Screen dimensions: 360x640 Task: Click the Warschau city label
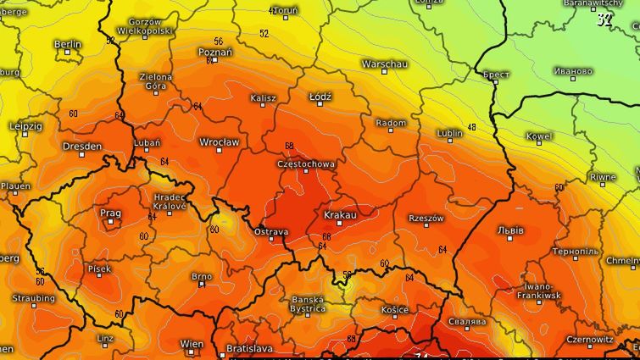(x=384, y=64)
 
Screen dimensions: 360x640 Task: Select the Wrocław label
(x=219, y=141)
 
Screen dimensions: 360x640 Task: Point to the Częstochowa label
(x=306, y=163)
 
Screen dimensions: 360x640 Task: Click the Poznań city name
(x=214, y=53)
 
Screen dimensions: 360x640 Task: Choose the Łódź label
(x=320, y=97)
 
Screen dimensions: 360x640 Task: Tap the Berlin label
(x=68, y=44)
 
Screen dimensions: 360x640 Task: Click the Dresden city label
(x=82, y=147)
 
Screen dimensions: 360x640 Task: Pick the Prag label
(x=110, y=213)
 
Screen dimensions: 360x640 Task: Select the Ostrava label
(x=271, y=231)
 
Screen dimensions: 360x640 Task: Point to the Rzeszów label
(x=426, y=219)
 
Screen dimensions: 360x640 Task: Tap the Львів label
(x=510, y=230)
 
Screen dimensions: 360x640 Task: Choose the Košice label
(x=395, y=310)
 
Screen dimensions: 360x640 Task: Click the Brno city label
(x=202, y=276)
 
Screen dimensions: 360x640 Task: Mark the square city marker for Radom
(x=391, y=133)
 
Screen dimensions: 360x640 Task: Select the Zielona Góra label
(x=155, y=81)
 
